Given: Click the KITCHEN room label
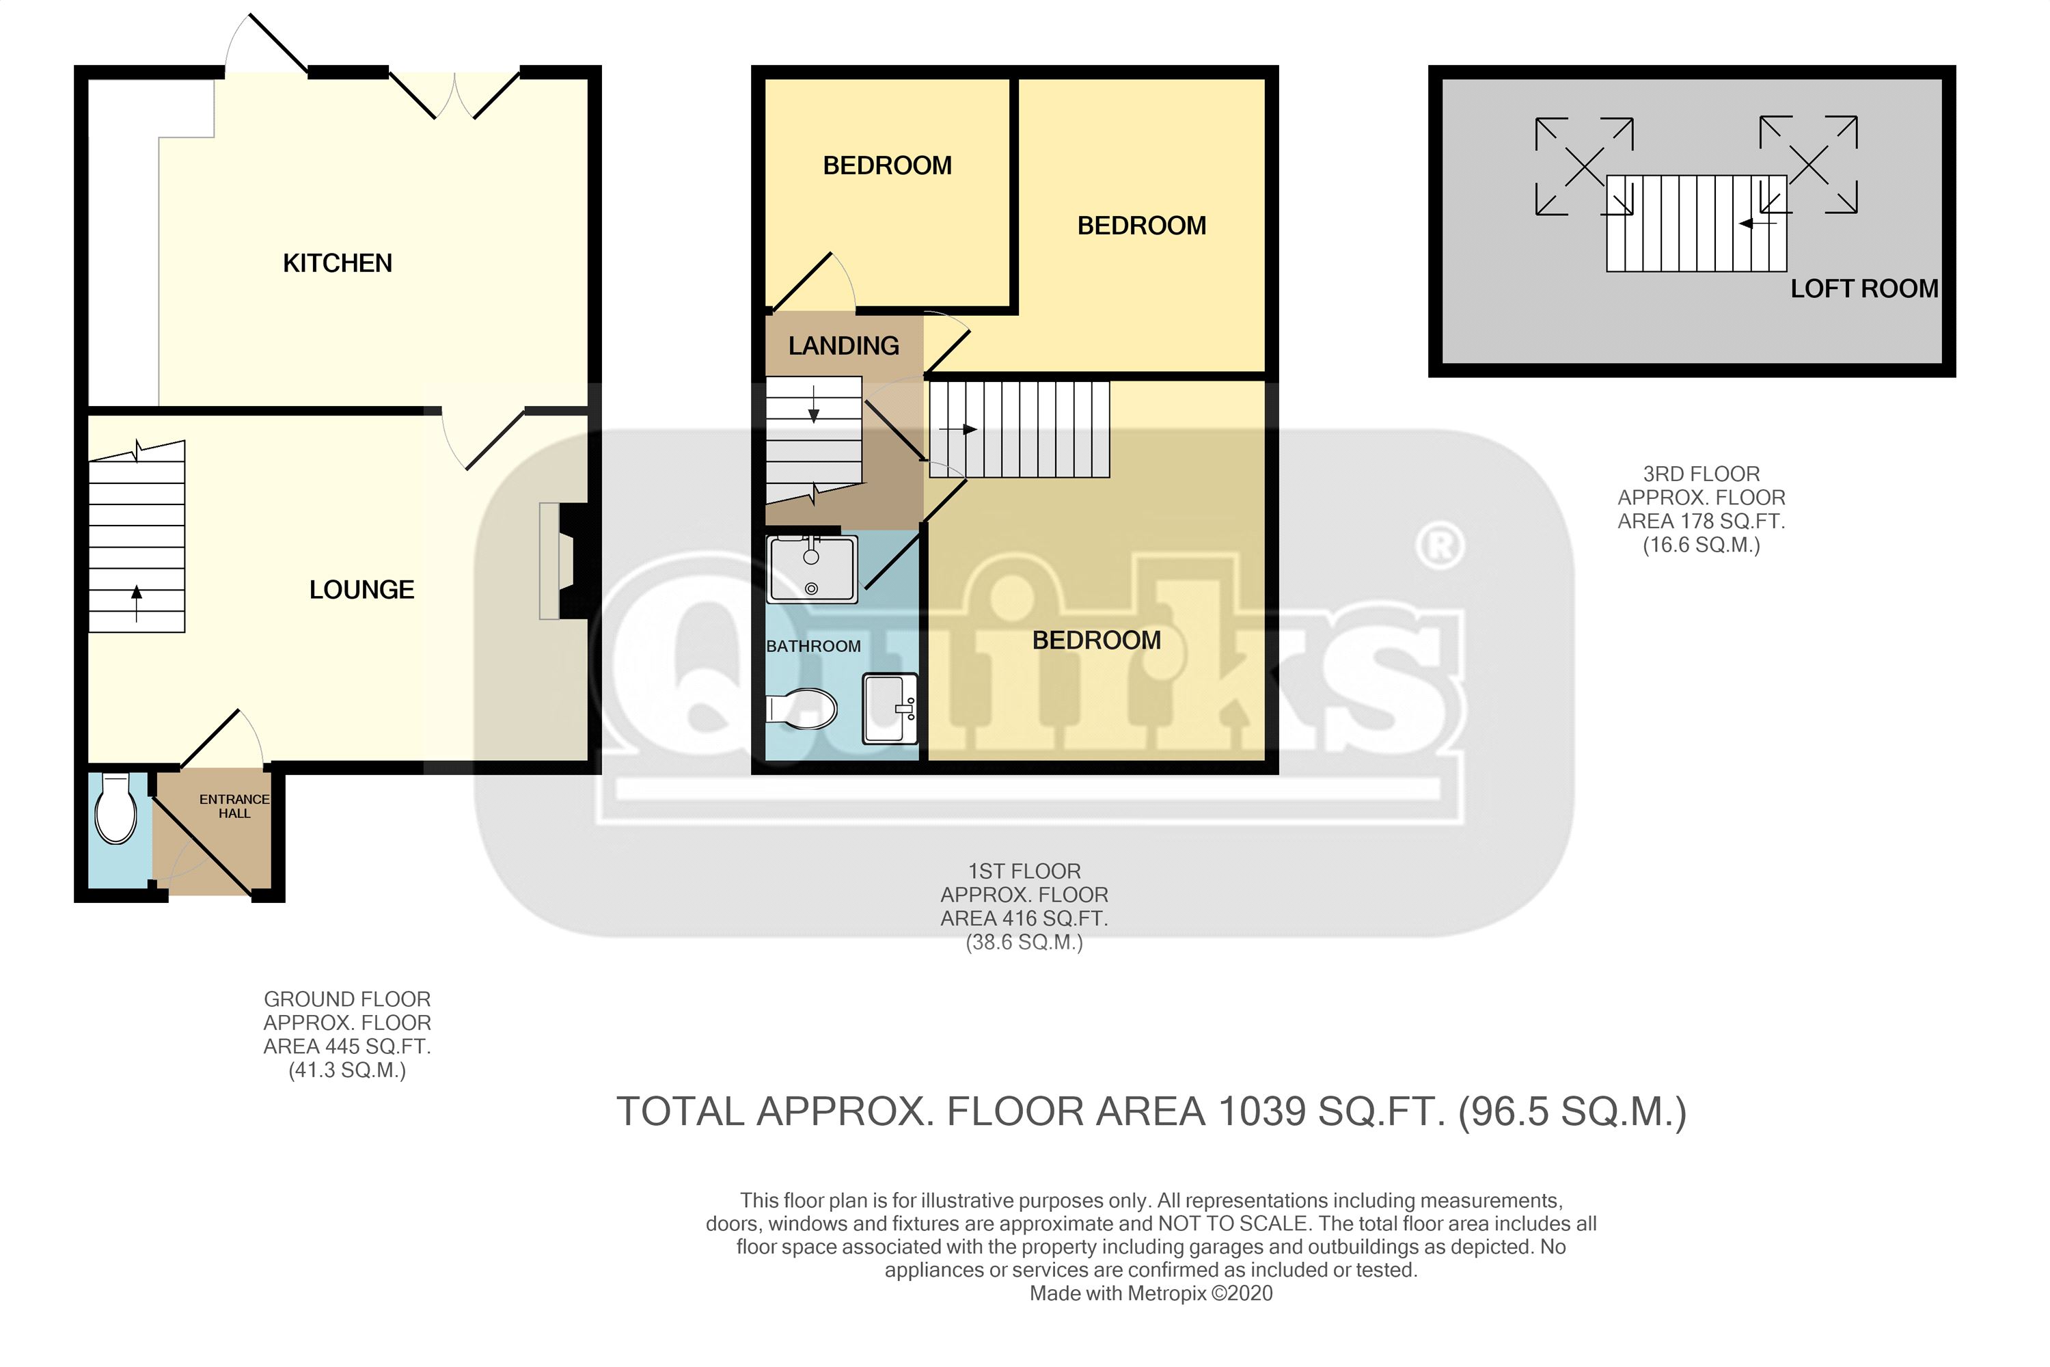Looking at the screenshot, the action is coord(338,263).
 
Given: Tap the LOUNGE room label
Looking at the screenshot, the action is coord(361,591).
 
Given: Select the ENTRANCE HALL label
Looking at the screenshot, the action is coord(234,807).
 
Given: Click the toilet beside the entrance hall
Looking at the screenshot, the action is coord(115,808).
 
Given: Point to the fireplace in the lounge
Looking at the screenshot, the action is coord(563,561).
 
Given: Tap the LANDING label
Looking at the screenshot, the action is coord(844,346).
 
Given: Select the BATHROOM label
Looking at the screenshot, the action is coord(813,646).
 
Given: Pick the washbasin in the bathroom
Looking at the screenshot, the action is coord(890,709).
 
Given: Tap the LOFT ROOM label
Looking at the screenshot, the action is coord(1864,288).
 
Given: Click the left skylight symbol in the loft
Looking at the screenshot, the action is coord(1584,165).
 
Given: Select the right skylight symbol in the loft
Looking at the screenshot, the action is coord(1809,165).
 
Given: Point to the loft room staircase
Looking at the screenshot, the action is coord(1696,224).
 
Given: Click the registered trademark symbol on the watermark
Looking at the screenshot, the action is coord(1440,545).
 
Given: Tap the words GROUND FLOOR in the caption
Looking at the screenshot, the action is coord(347,999).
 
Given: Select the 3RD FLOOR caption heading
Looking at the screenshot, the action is coord(1701,474).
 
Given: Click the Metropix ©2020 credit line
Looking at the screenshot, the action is coord(1151,1294).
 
